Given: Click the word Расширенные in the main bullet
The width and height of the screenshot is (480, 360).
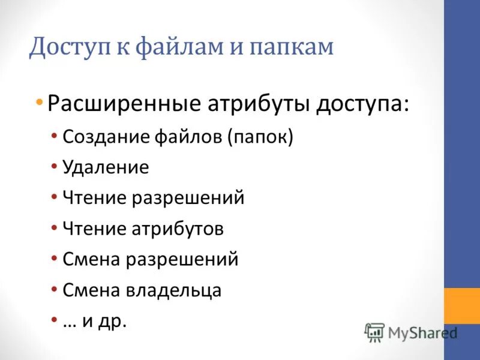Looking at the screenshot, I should click(x=124, y=103).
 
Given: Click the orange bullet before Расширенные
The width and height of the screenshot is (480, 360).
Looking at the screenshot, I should click(x=39, y=100).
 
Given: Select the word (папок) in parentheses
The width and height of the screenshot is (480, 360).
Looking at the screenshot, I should click(x=260, y=137).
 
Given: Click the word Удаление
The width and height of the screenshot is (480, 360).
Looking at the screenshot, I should click(x=106, y=167).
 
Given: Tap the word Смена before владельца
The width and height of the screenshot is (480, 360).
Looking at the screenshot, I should click(x=92, y=259).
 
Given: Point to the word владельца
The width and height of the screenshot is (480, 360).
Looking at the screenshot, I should click(x=174, y=290).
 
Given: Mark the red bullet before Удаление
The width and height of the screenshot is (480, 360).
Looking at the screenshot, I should click(x=54, y=164).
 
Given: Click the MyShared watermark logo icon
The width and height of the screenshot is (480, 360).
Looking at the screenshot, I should click(x=375, y=332).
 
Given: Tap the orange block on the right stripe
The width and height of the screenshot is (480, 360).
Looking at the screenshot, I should click(x=461, y=306).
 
